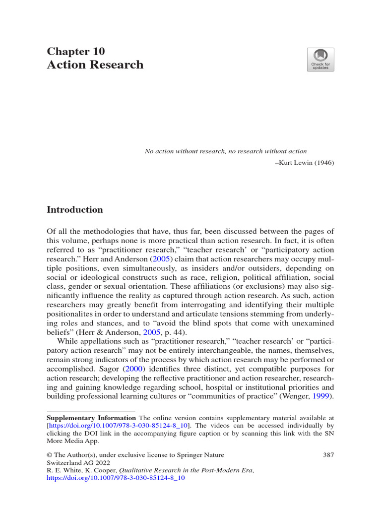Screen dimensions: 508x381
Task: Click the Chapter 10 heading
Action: click(x=75, y=51)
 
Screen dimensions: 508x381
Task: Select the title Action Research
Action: click(x=95, y=64)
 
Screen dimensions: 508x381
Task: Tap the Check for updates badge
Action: click(x=320, y=60)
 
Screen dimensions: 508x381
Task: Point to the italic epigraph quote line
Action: click(x=225, y=151)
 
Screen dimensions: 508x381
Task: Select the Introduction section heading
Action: click(x=74, y=209)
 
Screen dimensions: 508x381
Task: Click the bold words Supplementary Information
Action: click(x=91, y=418)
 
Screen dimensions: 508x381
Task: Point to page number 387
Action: click(x=327, y=454)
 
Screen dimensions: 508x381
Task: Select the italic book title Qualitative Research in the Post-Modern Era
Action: click(x=193, y=470)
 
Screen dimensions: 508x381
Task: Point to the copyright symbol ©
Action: click(x=49, y=454)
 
